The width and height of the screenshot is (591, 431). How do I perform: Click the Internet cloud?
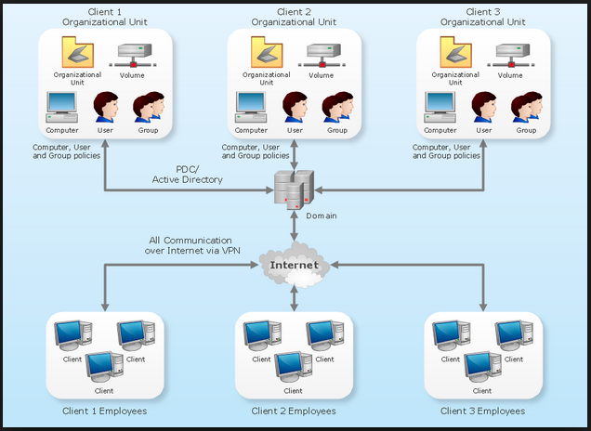(294, 265)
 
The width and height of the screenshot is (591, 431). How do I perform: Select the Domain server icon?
(294, 189)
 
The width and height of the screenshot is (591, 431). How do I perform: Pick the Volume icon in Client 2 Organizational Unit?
(322, 56)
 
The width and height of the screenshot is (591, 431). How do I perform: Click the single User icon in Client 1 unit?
(105, 107)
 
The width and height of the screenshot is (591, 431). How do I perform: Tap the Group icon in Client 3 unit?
(525, 107)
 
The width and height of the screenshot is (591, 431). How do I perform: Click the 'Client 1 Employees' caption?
(104, 411)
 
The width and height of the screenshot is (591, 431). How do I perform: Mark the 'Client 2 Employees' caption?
(294, 411)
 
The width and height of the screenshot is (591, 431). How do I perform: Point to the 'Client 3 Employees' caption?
(482, 411)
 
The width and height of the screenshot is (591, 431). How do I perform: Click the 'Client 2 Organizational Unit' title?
(294, 18)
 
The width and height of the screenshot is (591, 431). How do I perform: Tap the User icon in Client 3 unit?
(483, 107)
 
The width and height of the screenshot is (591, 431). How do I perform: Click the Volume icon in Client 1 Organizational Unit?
(133, 56)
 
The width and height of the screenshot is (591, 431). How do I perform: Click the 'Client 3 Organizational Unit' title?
(482, 18)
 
